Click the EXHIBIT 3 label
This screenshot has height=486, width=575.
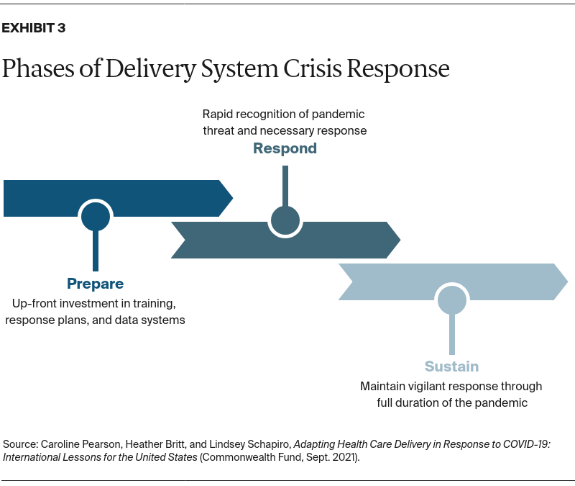coord(34,29)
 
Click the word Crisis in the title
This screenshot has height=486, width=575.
coord(308,69)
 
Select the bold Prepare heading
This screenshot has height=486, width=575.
coord(95,284)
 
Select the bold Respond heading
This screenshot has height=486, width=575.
coord(285,148)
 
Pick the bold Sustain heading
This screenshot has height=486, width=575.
coord(451,366)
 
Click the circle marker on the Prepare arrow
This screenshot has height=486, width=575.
coord(95,216)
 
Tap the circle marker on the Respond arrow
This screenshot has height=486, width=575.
coord(285,220)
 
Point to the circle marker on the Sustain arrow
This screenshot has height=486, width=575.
coord(452,300)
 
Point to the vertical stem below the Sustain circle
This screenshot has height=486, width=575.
coord(452,335)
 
